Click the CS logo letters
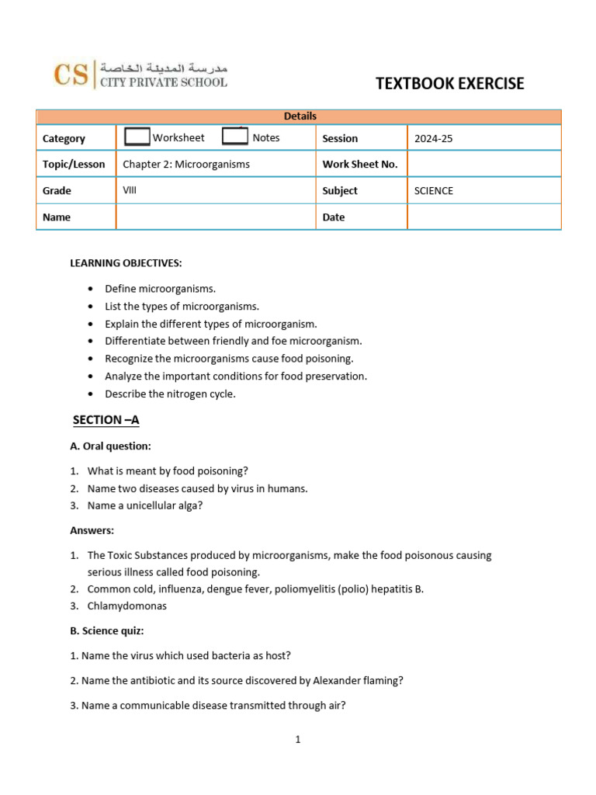[x=70, y=75]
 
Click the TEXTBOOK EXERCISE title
[x=450, y=84]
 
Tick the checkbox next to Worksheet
[x=137, y=137]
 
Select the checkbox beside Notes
[x=235, y=137]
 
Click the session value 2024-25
[x=433, y=138]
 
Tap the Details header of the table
[x=300, y=116]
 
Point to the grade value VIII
[x=130, y=190]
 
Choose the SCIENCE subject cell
[x=434, y=191]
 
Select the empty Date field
[x=483, y=217]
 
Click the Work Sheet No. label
[x=360, y=165]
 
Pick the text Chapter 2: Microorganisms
[x=186, y=165]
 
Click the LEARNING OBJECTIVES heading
[x=126, y=263]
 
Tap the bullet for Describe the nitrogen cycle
[x=91, y=394]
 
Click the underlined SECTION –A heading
[x=106, y=420]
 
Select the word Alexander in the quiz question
[x=335, y=681]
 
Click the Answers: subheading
[x=92, y=531]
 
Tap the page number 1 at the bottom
[x=298, y=740]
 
